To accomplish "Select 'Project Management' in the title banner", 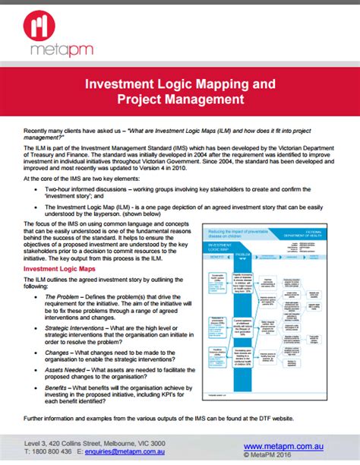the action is click(x=180, y=99).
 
